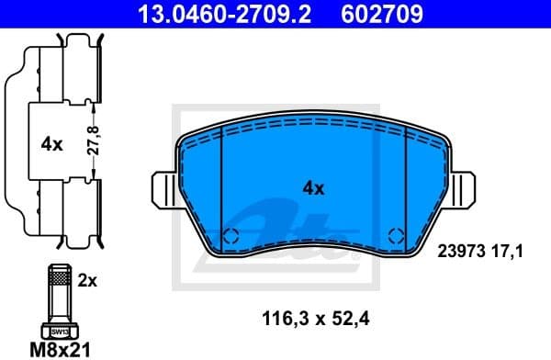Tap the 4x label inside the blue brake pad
(x=314, y=188)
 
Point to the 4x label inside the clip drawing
(x=51, y=144)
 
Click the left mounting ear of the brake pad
(x=163, y=190)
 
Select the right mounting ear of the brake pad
(x=466, y=190)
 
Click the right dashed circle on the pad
(x=396, y=234)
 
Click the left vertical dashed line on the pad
(x=223, y=184)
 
